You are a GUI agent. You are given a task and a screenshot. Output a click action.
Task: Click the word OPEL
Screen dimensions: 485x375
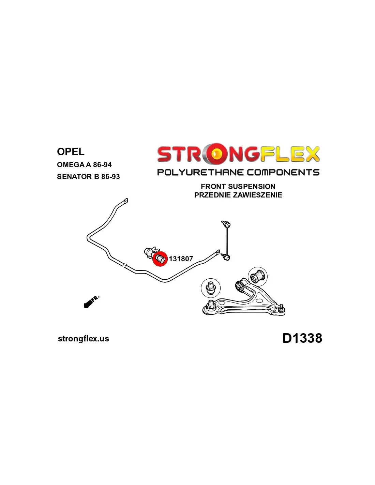pyautogui.click(x=71, y=152)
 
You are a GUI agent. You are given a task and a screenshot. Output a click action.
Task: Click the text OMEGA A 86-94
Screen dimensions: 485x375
pyautogui.click(x=84, y=165)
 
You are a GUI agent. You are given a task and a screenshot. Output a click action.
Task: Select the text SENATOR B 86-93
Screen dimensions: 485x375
pyautogui.click(x=88, y=177)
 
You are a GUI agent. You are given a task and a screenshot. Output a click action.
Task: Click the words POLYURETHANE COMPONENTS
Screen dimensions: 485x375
pyautogui.click(x=238, y=172)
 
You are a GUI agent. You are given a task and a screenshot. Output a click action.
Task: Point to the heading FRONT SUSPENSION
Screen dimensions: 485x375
pyautogui.click(x=238, y=187)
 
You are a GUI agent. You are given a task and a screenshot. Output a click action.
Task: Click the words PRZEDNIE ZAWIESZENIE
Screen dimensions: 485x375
pyautogui.click(x=238, y=195)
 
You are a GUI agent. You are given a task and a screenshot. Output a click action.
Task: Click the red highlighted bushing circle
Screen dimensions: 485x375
pyautogui.click(x=160, y=259)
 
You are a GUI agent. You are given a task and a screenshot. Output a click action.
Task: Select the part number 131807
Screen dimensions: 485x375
pyautogui.click(x=181, y=259)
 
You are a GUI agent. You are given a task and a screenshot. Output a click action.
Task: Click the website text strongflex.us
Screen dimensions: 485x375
pyautogui.click(x=84, y=339)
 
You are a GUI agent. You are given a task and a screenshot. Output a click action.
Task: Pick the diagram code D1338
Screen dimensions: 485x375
pyautogui.click(x=302, y=338)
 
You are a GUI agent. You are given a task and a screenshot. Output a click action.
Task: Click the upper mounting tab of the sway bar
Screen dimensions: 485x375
pyautogui.click(x=125, y=201)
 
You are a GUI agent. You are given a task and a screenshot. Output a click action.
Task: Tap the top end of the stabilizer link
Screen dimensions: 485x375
pyautogui.click(x=227, y=225)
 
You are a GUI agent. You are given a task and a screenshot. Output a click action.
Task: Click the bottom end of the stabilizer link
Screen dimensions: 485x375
pyautogui.click(x=226, y=256)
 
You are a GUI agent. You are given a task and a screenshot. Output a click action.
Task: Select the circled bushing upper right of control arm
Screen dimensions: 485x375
pyautogui.click(x=258, y=276)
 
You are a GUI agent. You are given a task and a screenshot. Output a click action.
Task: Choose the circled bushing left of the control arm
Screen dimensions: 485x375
pyautogui.click(x=211, y=288)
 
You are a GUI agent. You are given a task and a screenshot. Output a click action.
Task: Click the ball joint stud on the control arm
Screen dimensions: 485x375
pyautogui.click(x=281, y=308)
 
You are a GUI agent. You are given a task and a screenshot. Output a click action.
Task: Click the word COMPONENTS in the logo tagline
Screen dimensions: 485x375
pyautogui.click(x=283, y=172)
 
